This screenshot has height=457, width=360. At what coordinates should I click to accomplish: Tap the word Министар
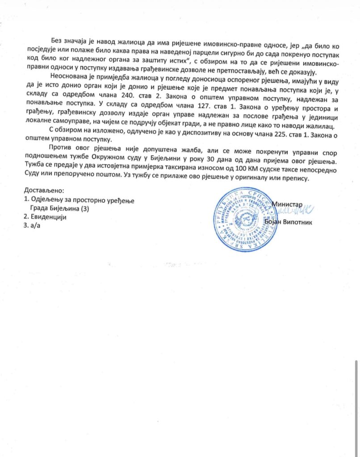[x=287, y=204]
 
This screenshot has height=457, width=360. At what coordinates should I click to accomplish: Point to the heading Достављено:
[x=44, y=191]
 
